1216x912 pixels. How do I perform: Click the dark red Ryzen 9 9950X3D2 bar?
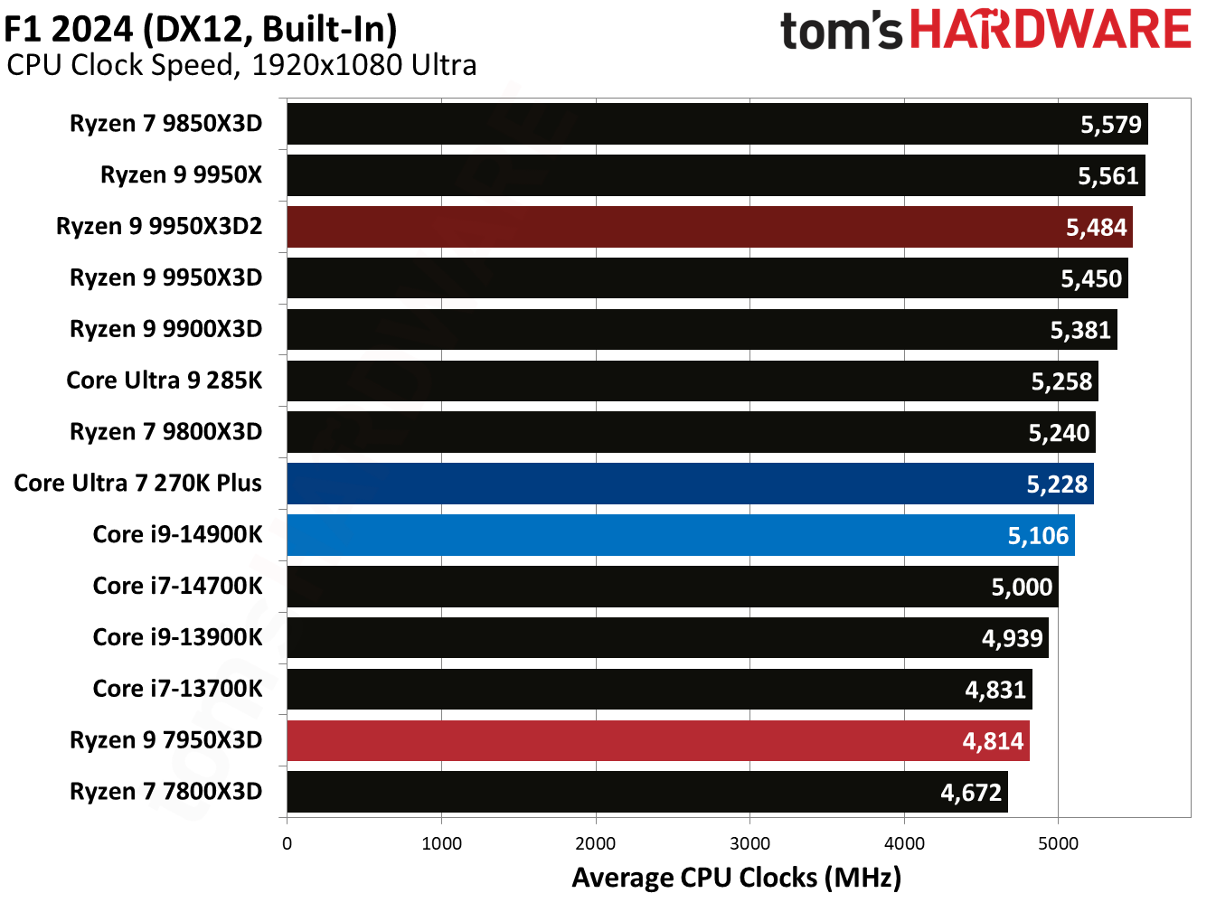pyautogui.click(x=709, y=227)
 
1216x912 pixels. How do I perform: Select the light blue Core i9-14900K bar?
pyautogui.click(x=680, y=535)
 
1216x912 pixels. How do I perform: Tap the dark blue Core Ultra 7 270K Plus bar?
pyautogui.click(x=690, y=484)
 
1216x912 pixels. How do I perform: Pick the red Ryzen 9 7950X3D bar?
pyautogui.click(x=657, y=740)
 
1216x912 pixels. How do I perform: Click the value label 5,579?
pyautogui.click(x=1111, y=125)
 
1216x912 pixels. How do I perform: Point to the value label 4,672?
pyautogui.click(x=971, y=793)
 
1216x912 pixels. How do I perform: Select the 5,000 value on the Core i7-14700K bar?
pyautogui.click(x=1022, y=588)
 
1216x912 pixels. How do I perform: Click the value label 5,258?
pyautogui.click(x=1061, y=381)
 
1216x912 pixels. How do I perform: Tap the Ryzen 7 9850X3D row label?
pyautogui.click(x=165, y=124)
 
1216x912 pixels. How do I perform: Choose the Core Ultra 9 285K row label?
pyautogui.click(x=164, y=381)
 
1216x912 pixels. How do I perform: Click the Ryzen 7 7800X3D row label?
pyautogui.click(x=165, y=792)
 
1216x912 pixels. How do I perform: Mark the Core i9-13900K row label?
pyautogui.click(x=177, y=637)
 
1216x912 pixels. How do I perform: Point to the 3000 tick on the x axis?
pyautogui.click(x=749, y=843)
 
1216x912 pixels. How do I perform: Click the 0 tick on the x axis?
pyautogui.click(x=287, y=843)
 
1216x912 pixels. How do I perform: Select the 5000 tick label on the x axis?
pyautogui.click(x=1058, y=843)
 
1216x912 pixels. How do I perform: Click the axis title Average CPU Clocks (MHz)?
pyautogui.click(x=736, y=878)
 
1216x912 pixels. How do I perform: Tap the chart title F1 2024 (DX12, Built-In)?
pyautogui.click(x=201, y=29)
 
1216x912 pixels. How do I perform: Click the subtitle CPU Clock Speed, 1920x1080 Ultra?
pyautogui.click(x=241, y=65)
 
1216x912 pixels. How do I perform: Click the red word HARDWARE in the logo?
pyautogui.click(x=1050, y=30)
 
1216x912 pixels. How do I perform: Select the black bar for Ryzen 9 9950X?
pyautogui.click(x=715, y=175)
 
